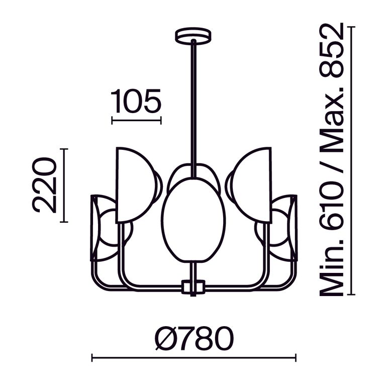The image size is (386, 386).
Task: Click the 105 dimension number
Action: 136,101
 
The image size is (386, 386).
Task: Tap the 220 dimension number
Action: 43,185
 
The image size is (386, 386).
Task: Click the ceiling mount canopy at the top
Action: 193,37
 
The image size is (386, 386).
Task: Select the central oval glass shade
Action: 193,222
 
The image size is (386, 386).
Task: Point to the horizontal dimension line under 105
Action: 136,120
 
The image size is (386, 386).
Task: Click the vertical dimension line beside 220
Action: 63,185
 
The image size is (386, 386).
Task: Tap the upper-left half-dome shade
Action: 136,183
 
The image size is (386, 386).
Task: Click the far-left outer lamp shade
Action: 103,229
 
